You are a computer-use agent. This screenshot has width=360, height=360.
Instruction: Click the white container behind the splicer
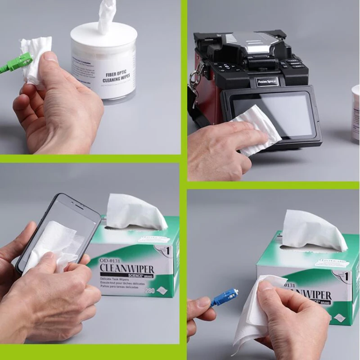pyautogui.click(x=355, y=112)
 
